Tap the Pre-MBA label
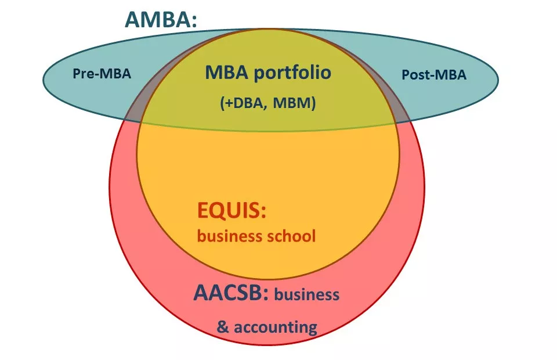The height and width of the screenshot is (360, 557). [x=102, y=74]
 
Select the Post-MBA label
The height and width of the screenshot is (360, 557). [x=434, y=75]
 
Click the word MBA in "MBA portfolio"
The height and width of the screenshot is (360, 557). [x=225, y=73]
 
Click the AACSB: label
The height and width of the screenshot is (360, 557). [x=231, y=293]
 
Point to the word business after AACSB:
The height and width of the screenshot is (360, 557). [x=306, y=294]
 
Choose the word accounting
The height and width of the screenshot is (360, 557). [x=275, y=327]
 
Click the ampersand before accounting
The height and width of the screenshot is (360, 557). [x=223, y=326]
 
